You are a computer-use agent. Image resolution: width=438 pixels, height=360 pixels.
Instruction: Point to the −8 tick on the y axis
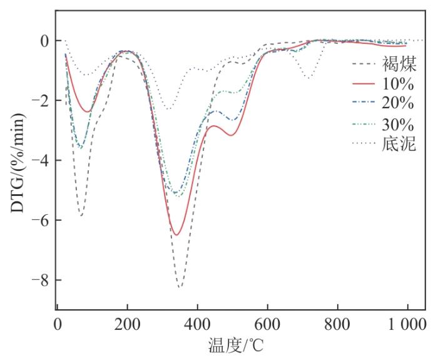[x=38, y=280]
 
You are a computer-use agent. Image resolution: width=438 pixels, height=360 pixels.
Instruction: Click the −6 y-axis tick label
[x=38, y=220]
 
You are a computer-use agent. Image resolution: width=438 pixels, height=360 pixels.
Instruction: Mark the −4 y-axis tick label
[x=38, y=161]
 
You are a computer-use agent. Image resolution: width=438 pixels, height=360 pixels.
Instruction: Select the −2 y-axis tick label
[x=38, y=101]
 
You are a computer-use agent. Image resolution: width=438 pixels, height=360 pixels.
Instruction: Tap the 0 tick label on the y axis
[x=43, y=41]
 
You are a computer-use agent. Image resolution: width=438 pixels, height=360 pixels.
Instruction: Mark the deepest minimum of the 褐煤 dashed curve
[x=180, y=287]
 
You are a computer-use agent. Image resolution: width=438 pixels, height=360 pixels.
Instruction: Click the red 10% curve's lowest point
[x=177, y=235]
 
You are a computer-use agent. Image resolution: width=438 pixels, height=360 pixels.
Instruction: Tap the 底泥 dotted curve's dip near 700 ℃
[x=308, y=78]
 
